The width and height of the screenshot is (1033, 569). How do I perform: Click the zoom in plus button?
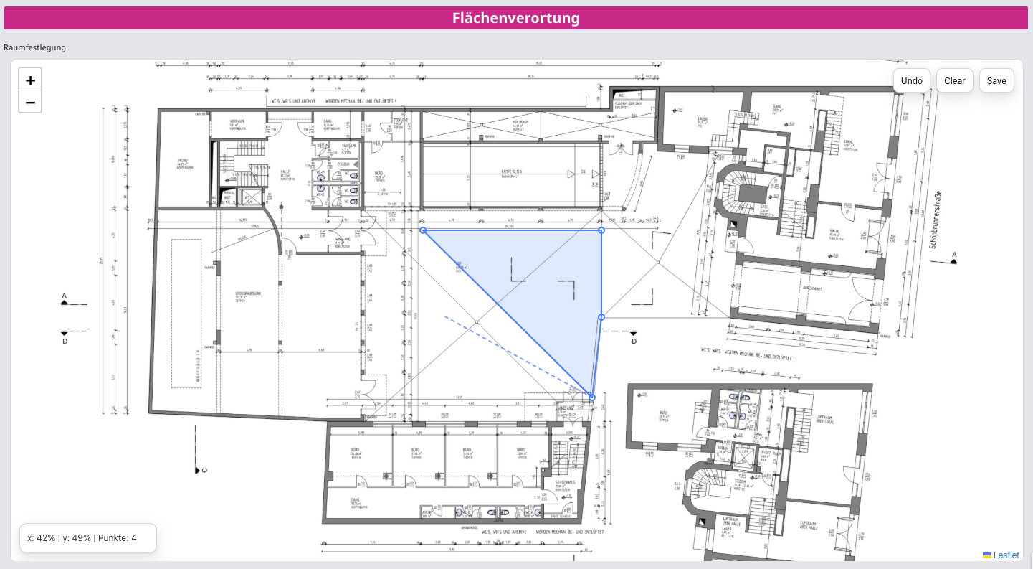[x=30, y=80]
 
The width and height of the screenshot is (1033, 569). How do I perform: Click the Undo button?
[x=912, y=80]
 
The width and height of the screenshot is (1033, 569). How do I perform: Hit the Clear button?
[x=954, y=80]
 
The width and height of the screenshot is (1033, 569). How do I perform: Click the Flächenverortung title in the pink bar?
[x=516, y=18]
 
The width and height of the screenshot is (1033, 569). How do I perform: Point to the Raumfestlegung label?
[x=35, y=47]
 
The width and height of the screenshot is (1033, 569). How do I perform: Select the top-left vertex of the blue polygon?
[x=423, y=230]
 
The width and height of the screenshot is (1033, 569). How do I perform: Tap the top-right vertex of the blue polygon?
[x=601, y=230]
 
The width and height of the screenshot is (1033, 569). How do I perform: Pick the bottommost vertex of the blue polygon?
[x=592, y=397]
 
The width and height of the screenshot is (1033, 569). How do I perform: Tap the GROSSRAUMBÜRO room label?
[x=246, y=294]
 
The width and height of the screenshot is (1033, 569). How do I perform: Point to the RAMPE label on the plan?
[x=510, y=171]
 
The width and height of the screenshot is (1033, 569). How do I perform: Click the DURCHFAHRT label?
[x=812, y=289]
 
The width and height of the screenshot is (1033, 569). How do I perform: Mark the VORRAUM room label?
[x=237, y=121]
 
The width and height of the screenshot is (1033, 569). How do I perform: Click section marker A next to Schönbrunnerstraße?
[x=954, y=255]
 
